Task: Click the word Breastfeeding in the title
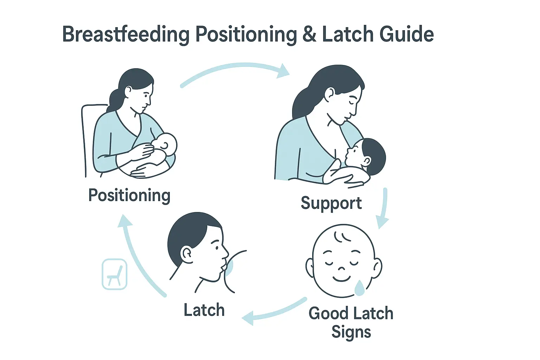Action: click(x=126, y=35)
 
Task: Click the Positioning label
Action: click(x=129, y=195)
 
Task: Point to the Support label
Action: click(x=331, y=203)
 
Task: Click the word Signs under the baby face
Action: click(x=351, y=332)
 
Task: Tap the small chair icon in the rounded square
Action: click(x=114, y=274)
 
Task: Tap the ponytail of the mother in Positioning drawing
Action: click(x=115, y=100)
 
